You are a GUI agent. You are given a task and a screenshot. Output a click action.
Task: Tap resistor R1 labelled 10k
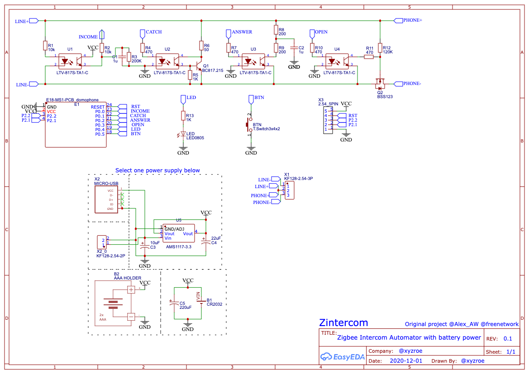[45, 45]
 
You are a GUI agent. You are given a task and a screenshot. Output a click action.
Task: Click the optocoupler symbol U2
[168, 61]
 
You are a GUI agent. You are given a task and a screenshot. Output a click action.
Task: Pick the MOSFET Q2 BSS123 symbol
[380, 84]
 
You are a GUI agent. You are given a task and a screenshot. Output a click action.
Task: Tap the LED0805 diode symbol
[183, 134]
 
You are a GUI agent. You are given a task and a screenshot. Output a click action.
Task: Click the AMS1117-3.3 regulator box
[179, 233]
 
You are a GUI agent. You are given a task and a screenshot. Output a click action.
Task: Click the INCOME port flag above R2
[102, 34]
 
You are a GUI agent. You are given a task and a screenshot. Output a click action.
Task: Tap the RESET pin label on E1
[98, 107]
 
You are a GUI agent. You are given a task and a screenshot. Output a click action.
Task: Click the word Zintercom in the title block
[343, 323]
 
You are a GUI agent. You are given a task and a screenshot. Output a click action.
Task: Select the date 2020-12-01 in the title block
[405, 361]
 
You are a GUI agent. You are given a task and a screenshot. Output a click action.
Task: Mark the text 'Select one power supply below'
[157, 170]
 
